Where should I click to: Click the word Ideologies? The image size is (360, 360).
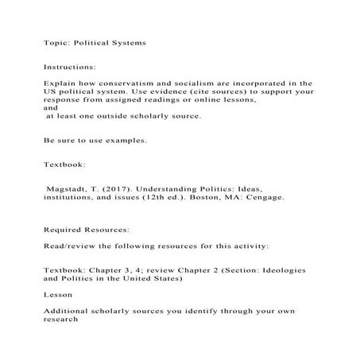pyautogui.click(x=280, y=271)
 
